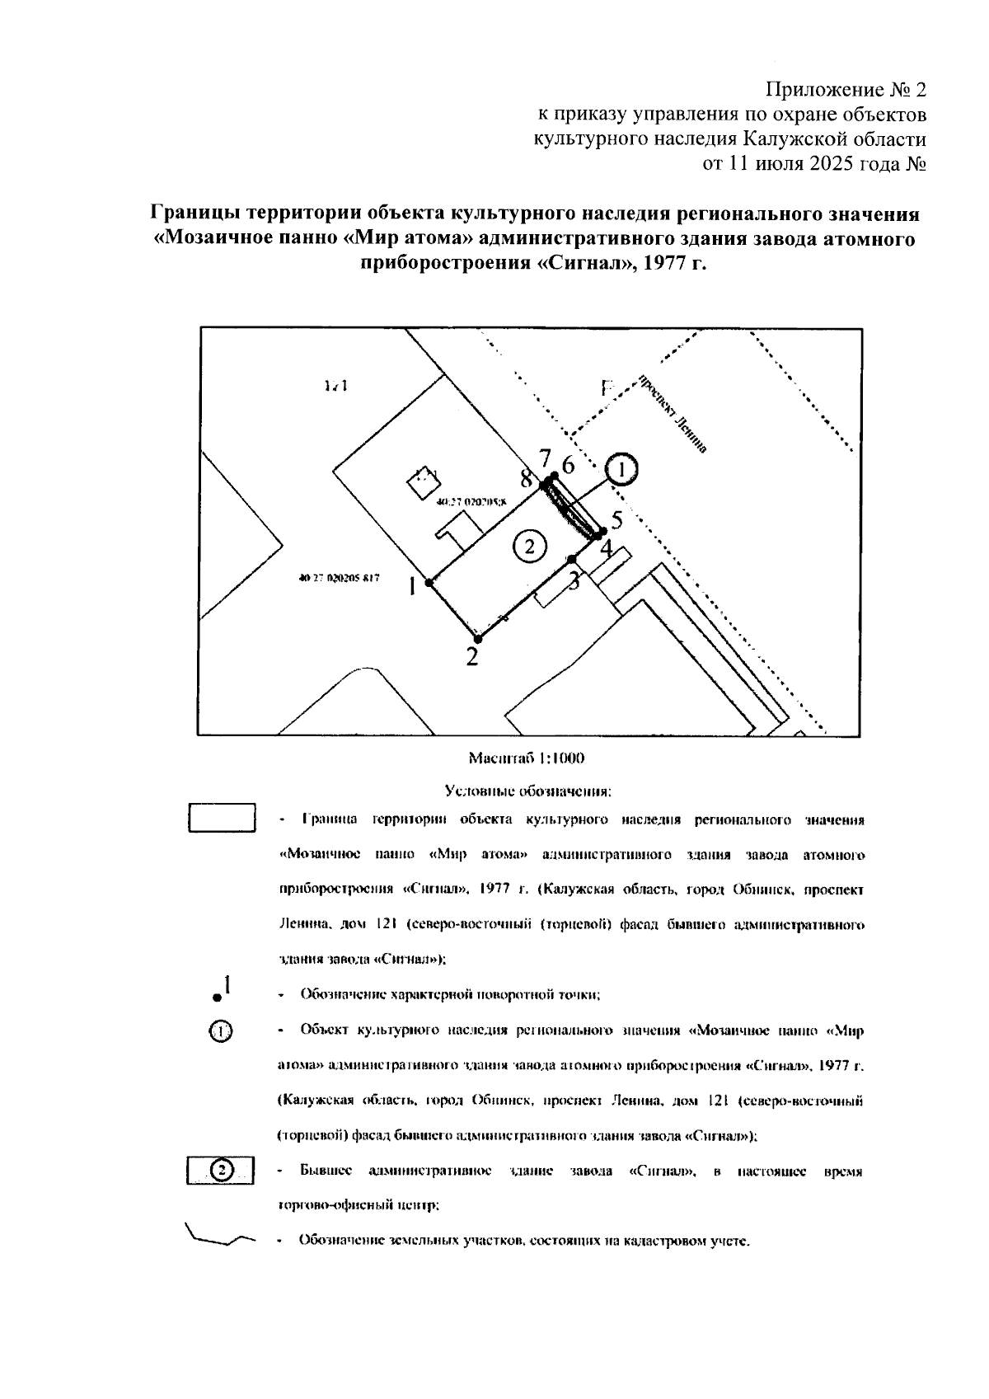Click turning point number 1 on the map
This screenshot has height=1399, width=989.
[429, 583]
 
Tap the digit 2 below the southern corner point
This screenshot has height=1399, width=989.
[471, 657]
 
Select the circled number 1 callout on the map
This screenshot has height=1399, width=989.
[622, 469]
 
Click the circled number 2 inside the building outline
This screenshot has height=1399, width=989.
[529, 545]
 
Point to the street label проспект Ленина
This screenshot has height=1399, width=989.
[672, 414]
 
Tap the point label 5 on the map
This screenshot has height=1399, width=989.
[616, 520]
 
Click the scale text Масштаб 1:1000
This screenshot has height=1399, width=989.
[526, 758]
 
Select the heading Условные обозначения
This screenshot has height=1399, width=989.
[527, 792]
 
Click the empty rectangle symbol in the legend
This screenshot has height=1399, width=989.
[221, 819]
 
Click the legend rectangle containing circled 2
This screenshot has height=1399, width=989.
[221, 1170]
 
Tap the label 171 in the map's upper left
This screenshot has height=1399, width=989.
[335, 386]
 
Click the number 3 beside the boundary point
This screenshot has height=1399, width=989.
[574, 580]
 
